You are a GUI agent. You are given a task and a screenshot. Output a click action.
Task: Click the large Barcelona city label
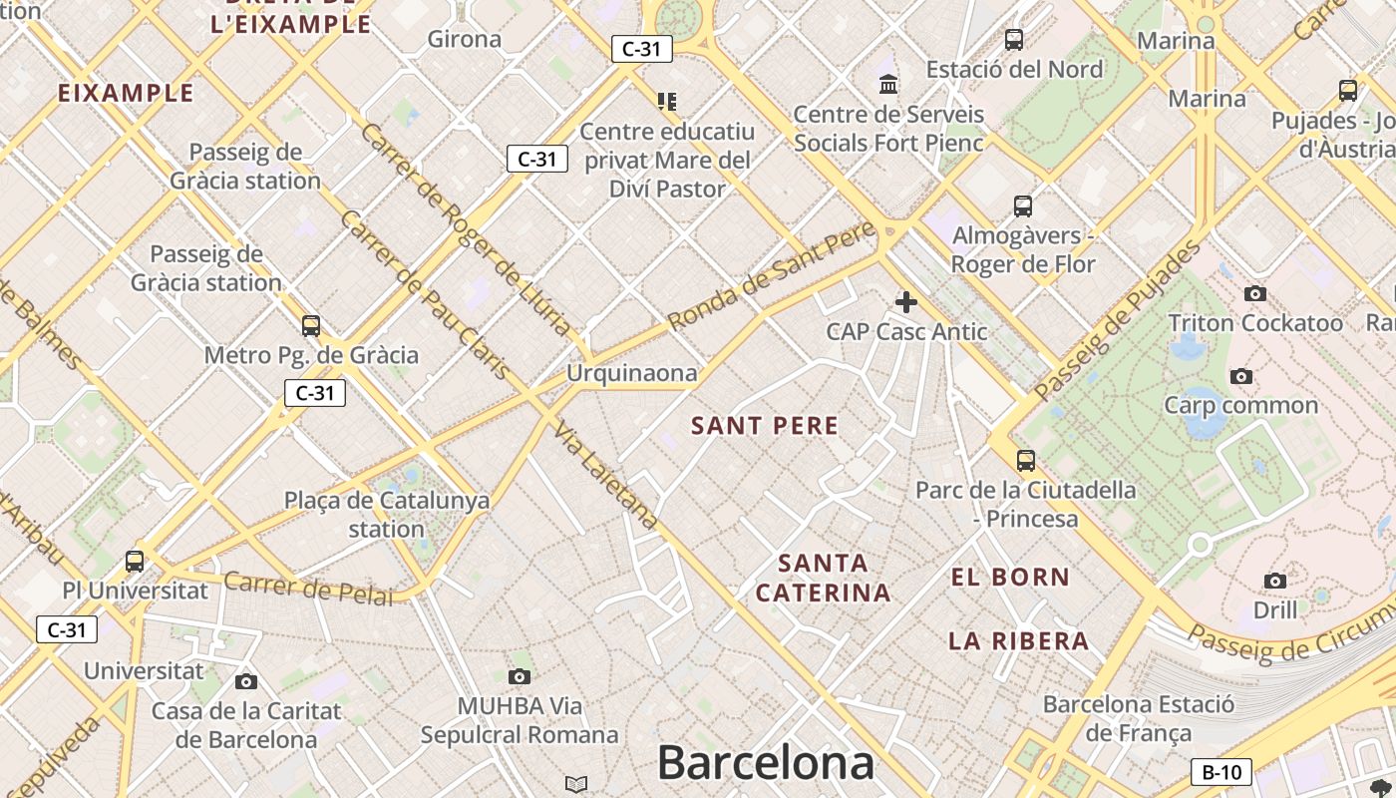pyautogui.click(x=765, y=763)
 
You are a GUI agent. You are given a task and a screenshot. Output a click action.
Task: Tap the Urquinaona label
pyautogui.click(x=631, y=373)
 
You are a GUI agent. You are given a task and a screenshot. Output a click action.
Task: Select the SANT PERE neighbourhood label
pyautogui.click(x=765, y=426)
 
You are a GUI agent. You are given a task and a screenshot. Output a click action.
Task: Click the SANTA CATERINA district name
pyautogui.click(x=823, y=578)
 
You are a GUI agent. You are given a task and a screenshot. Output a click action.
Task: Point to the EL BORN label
pyautogui.click(x=1010, y=577)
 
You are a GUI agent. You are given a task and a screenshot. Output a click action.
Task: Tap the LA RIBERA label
pyautogui.click(x=1018, y=640)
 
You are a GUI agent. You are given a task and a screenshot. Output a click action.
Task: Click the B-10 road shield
pyautogui.click(x=1221, y=771)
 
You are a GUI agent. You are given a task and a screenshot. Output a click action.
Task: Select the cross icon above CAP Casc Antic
pyautogui.click(x=905, y=301)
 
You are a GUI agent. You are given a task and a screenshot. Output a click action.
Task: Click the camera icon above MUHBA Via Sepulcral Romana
pyautogui.click(x=519, y=676)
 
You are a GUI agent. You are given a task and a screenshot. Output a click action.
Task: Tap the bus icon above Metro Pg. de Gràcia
pyautogui.click(x=311, y=325)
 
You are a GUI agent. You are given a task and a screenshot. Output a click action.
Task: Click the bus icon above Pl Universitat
pyautogui.click(x=135, y=561)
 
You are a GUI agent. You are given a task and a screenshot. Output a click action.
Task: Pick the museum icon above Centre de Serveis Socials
pyautogui.click(x=888, y=84)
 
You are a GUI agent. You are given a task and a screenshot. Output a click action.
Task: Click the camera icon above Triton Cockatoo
pyautogui.click(x=1255, y=293)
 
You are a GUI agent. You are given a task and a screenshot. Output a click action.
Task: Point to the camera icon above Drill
pyautogui.click(x=1274, y=581)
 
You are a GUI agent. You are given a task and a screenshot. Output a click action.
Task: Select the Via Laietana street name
pyautogui.click(x=606, y=477)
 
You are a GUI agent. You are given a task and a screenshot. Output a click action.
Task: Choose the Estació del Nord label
pyautogui.click(x=1014, y=69)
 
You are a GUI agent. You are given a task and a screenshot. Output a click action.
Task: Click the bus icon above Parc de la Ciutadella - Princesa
pyautogui.click(x=1025, y=460)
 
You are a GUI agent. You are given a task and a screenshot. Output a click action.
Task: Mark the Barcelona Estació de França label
pyautogui.click(x=1138, y=718)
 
